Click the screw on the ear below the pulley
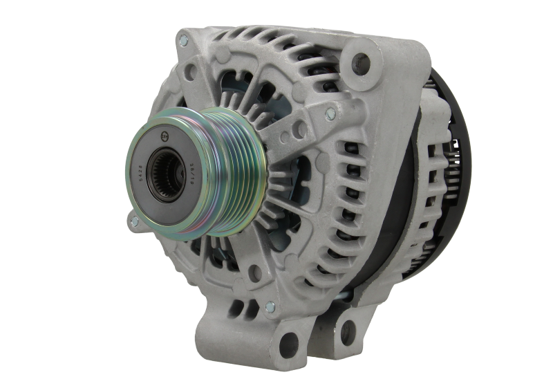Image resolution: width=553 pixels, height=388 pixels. pos(134,221)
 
